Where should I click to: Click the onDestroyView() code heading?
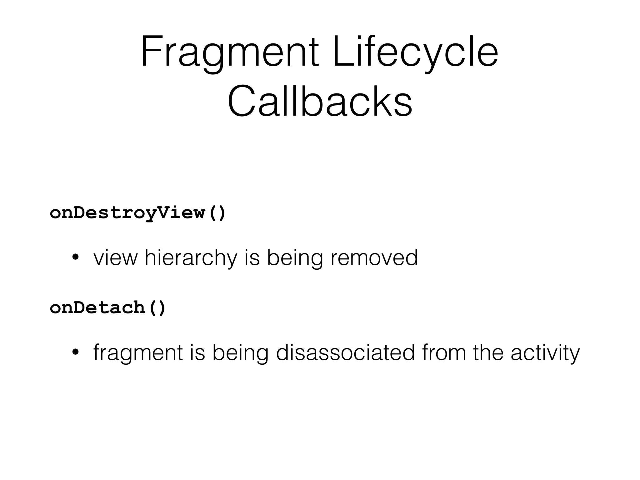point(137,213)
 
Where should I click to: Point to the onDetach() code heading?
point(107,307)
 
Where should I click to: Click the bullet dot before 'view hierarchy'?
point(75,258)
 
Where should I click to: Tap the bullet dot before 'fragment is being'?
point(75,353)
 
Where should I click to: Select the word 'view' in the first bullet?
point(115,258)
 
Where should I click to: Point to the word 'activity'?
point(545,353)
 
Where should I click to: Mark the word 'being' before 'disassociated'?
point(240,353)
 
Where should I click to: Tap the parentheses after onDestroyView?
point(217,213)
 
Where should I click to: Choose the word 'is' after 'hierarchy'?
point(252,257)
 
